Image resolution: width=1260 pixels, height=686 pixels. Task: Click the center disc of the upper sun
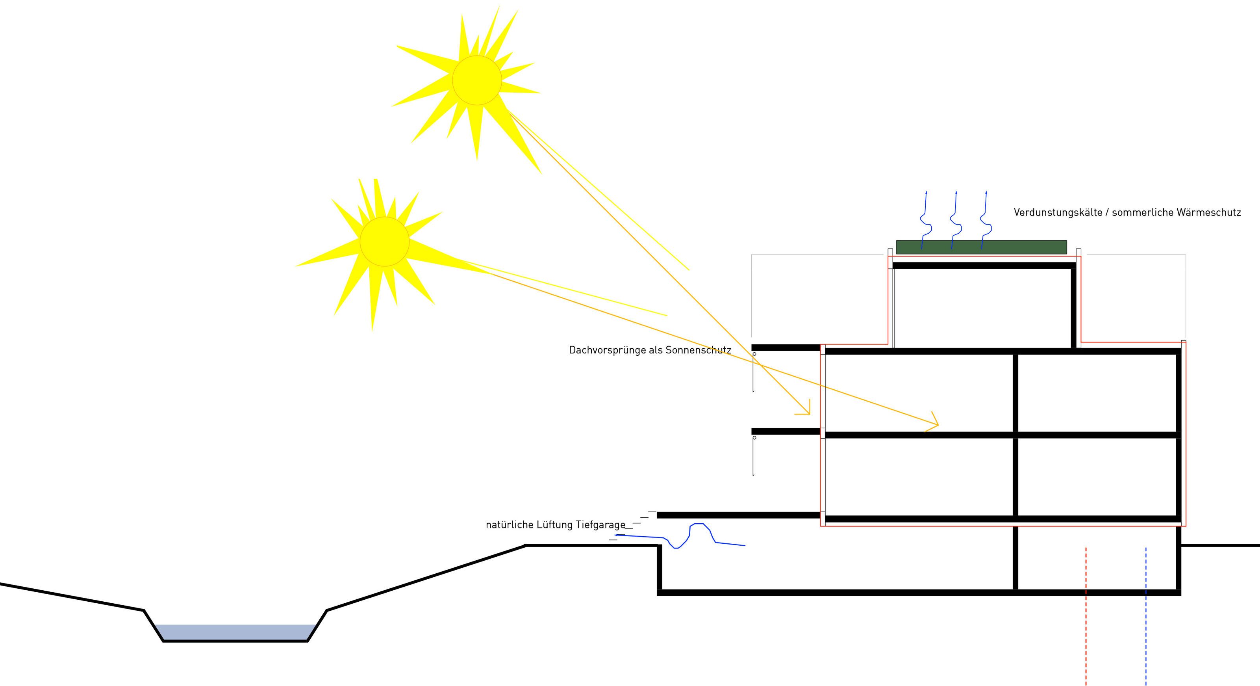[x=477, y=80]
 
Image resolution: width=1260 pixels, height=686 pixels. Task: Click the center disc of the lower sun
[x=384, y=242]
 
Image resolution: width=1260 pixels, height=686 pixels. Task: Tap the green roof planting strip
[x=981, y=247]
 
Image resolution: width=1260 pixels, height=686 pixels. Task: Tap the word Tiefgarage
[x=600, y=524]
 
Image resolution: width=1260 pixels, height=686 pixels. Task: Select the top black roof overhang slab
[x=786, y=348]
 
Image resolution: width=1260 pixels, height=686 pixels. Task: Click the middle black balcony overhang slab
[x=786, y=431]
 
